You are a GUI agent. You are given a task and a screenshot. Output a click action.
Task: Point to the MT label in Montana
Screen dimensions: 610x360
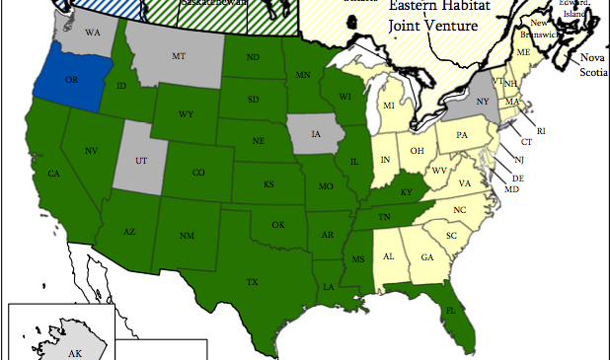(179, 58)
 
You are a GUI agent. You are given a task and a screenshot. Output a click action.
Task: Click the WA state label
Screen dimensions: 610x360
(93, 33)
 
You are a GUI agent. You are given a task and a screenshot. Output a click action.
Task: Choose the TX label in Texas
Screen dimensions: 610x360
(252, 283)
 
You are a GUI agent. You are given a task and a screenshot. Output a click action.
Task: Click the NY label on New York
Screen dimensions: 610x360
(484, 102)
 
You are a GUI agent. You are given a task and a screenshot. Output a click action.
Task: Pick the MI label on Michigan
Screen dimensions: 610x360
(389, 106)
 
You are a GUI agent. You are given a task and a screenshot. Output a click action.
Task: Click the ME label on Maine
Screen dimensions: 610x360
(524, 51)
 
